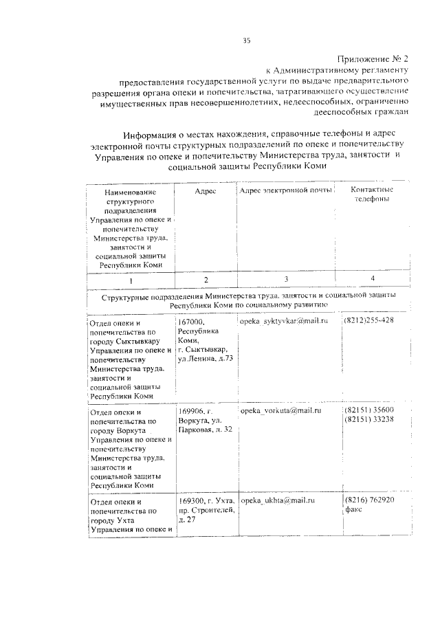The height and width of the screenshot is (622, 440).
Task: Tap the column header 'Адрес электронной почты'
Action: point(285,190)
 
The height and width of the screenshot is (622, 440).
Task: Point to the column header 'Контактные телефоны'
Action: point(371,194)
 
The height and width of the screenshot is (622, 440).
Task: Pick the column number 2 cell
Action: point(206,280)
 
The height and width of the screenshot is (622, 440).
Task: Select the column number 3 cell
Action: point(286,279)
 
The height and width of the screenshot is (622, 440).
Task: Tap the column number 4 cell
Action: point(372,278)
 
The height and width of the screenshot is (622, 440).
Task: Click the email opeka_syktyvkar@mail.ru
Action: point(284,321)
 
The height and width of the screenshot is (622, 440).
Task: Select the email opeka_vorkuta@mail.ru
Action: point(281,410)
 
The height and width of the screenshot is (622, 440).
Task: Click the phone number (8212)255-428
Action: point(369,321)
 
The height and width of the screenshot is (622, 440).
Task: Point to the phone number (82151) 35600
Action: point(369,410)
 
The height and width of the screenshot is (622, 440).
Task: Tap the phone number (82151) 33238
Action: point(369,419)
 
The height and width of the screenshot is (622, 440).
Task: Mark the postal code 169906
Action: point(192,411)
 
